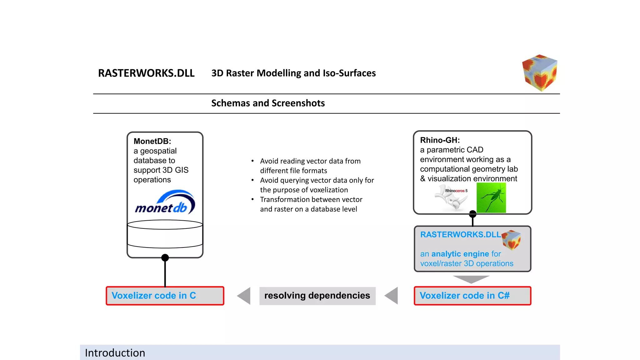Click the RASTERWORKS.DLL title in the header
146,73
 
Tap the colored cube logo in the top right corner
540,73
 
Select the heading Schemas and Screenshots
268,103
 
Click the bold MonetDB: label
152,141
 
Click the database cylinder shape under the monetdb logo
165,234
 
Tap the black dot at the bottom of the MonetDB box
165,258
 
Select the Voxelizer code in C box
165,296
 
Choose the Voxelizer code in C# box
472,296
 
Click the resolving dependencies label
317,296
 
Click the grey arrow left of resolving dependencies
244,296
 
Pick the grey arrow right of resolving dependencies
392,296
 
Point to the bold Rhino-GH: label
440,140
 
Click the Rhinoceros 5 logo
452,197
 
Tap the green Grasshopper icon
491,198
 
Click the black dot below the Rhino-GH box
472,214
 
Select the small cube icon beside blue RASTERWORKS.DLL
511,240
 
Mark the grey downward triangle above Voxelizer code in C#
471,279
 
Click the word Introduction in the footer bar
115,353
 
